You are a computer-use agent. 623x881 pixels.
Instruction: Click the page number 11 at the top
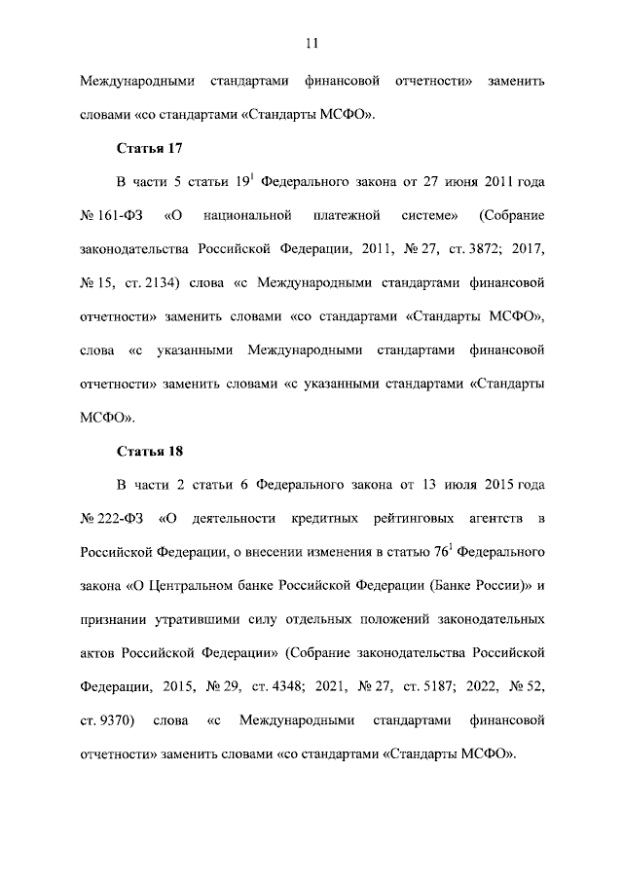click(x=311, y=42)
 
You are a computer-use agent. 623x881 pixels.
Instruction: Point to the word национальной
click(x=256, y=215)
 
